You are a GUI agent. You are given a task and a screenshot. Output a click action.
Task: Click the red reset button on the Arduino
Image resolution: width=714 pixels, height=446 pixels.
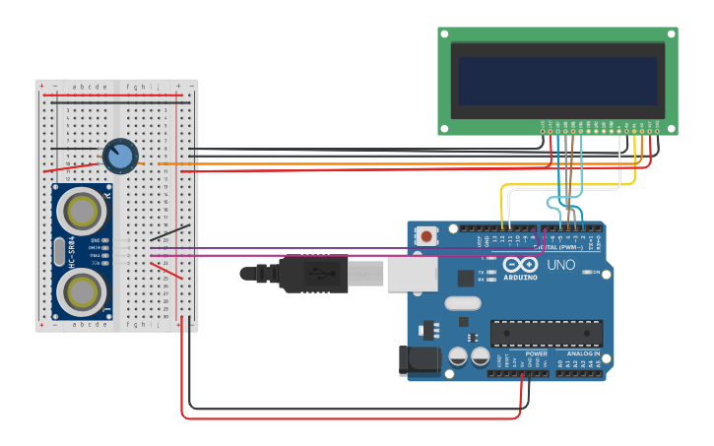(426, 236)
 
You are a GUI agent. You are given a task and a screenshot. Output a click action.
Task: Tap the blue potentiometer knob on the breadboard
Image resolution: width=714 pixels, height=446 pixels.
(119, 156)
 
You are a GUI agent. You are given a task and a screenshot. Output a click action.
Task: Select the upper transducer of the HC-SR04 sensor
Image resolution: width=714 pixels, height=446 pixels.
(81, 210)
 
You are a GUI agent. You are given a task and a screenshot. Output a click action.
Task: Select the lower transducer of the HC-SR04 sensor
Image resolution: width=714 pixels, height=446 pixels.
(81, 291)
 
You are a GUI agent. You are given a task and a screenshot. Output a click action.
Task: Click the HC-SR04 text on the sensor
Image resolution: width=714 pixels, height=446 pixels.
(71, 252)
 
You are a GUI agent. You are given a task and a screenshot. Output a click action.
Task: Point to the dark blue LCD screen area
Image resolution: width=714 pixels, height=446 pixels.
(557, 80)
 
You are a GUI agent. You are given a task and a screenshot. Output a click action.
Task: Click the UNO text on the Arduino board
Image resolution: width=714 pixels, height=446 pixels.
(560, 265)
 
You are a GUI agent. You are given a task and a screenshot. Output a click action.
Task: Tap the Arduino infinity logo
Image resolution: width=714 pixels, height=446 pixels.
(519, 265)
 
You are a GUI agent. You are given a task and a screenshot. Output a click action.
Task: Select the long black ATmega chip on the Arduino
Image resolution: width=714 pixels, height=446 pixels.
(546, 334)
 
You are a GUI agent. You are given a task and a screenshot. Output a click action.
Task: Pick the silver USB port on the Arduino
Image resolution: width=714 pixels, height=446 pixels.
(405, 275)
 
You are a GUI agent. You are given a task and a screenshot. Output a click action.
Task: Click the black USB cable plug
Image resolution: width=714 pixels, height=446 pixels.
(313, 275)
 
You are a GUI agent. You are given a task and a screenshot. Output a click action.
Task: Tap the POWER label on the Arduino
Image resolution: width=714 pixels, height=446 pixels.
(536, 353)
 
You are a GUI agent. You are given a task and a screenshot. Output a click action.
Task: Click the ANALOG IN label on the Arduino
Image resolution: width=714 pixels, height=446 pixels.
(582, 353)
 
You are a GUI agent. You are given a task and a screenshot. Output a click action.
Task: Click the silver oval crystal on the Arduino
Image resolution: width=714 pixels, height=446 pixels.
(462, 303)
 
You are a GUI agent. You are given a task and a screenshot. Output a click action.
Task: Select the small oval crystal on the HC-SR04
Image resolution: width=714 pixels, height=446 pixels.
(59, 251)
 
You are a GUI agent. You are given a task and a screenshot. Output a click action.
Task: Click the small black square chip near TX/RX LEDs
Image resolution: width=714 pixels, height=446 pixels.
(465, 278)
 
